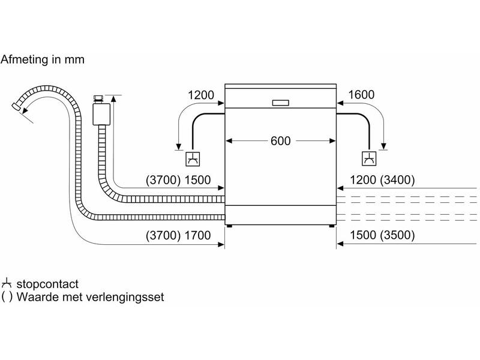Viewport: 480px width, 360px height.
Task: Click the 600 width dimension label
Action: click(x=280, y=141)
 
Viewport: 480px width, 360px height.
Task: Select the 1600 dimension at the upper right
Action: click(x=361, y=95)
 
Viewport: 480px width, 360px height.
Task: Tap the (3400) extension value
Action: click(x=397, y=179)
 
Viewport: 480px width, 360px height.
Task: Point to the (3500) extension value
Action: click(x=397, y=235)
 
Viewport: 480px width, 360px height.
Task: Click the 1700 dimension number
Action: click(x=197, y=235)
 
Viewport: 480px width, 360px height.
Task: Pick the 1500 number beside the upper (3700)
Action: click(x=197, y=179)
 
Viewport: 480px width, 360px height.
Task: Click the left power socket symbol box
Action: click(x=193, y=159)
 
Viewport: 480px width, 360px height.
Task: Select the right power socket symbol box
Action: click(x=369, y=158)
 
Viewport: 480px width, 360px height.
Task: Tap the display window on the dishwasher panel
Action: click(x=280, y=103)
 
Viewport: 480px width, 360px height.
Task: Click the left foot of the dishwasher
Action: click(x=229, y=226)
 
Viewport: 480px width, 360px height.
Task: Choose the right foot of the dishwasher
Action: click(x=332, y=226)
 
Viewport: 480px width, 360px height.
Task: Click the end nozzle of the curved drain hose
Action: click(x=16, y=106)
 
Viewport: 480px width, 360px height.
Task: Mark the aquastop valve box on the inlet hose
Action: click(x=101, y=114)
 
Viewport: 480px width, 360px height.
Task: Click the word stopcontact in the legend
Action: click(x=47, y=284)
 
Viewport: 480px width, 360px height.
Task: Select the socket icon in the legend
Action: click(x=6, y=283)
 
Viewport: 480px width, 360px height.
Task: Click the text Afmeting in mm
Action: click(x=42, y=59)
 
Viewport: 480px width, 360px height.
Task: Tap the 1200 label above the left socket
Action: click(x=201, y=95)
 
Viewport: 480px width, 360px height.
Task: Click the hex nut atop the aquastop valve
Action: click(x=98, y=98)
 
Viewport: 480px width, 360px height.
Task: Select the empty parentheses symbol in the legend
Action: click(x=7, y=297)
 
